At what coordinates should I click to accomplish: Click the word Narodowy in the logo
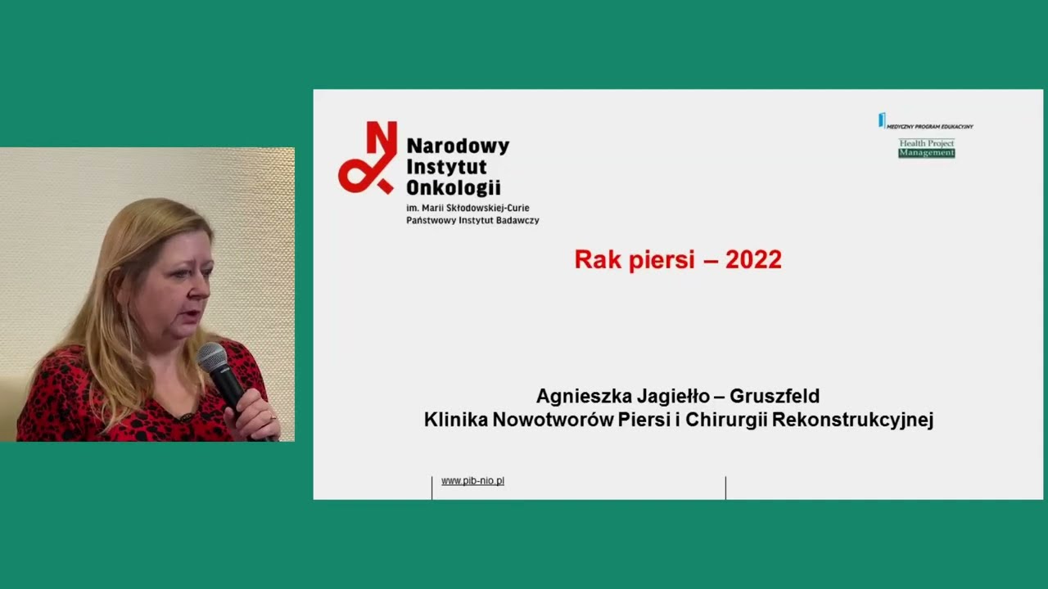(458, 146)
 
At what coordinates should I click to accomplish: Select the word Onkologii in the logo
(453, 187)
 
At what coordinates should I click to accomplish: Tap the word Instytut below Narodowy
(446, 167)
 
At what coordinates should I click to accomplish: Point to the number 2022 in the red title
(753, 260)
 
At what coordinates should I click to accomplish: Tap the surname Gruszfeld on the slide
(774, 397)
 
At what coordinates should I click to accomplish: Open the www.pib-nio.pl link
(472, 481)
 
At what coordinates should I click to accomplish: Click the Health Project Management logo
(927, 148)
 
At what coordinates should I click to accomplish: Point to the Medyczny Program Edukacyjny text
(929, 127)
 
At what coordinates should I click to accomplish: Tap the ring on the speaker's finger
(273, 416)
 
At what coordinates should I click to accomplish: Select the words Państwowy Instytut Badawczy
(472, 221)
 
